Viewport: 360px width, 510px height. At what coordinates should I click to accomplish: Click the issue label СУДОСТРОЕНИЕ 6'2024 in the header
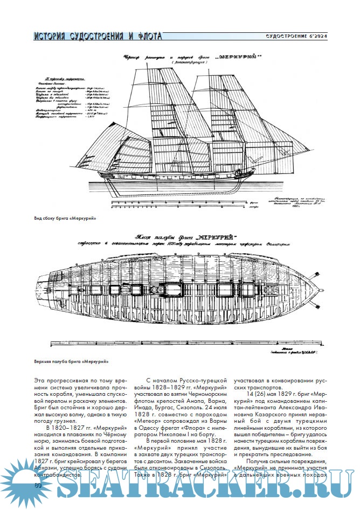(x=296, y=36)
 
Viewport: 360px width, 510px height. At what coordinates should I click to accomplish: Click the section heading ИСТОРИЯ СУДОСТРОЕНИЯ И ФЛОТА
(x=97, y=37)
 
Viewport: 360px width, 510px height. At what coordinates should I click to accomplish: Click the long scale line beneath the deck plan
(x=189, y=343)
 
